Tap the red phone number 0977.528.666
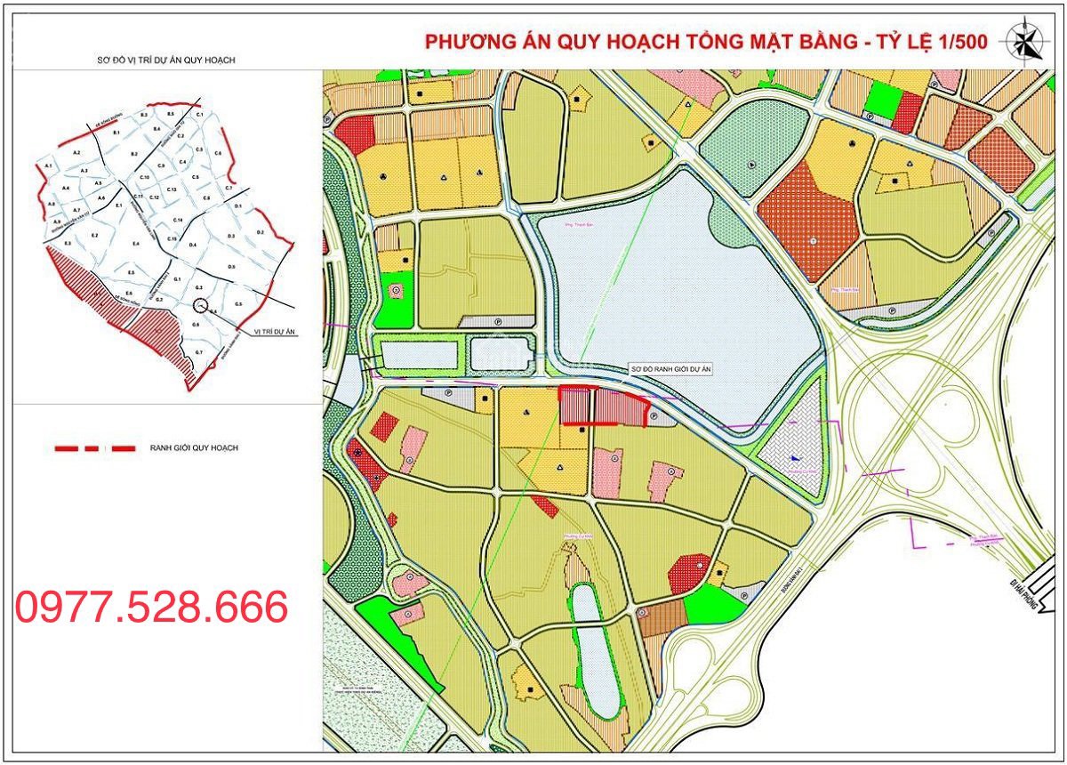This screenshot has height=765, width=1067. [152, 607]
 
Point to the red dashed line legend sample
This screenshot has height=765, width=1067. [95, 448]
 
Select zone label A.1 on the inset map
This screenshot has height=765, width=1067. [49, 166]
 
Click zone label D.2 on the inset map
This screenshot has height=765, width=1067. [260, 232]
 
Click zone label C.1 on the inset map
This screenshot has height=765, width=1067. [200, 116]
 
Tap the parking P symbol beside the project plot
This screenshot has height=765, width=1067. [654, 415]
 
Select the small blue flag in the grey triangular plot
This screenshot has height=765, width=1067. [793, 458]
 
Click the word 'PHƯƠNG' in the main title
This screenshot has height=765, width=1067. [468, 43]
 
